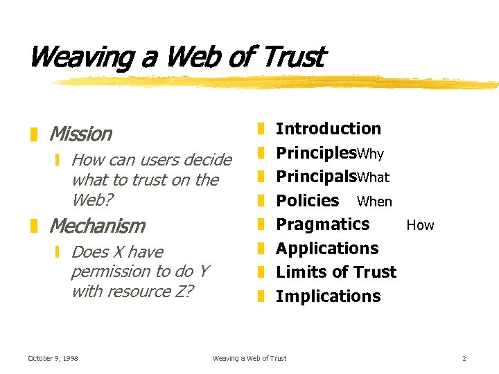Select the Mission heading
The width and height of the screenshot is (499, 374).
pos(80,134)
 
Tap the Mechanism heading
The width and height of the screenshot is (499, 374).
pos(97,226)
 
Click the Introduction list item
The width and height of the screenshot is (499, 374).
pos(329,129)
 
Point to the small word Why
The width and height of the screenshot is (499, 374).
pos(370,154)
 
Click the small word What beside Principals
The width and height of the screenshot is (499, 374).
pos(374,178)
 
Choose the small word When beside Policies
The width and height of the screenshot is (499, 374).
pos(374,202)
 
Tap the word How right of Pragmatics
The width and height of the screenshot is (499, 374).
pos(420,225)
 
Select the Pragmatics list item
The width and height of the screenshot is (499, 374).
pos(323,224)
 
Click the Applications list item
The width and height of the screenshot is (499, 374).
pos(327,249)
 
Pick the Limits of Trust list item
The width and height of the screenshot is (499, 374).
pos(336,272)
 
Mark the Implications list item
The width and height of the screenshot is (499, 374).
pos(329,296)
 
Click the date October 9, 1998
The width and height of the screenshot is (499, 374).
pos(53,358)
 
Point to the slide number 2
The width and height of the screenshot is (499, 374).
pos(464,358)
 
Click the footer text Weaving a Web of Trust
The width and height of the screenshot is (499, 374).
pos(249,358)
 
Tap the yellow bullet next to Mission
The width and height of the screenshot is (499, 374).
pos(34,134)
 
